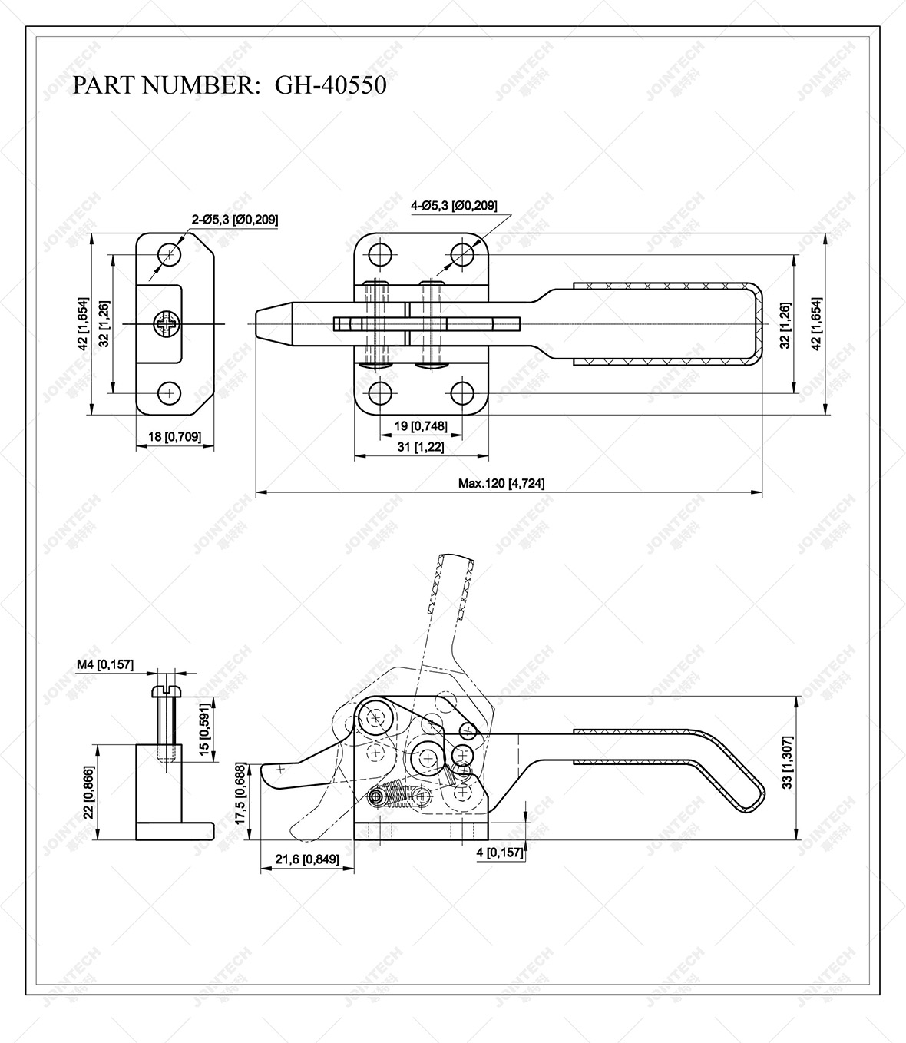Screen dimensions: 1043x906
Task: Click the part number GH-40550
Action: [330, 84]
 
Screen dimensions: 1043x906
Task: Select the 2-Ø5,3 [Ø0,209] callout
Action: [235, 220]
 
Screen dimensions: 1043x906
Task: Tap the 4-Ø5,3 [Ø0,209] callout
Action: [454, 205]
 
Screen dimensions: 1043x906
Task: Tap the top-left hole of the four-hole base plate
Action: [379, 254]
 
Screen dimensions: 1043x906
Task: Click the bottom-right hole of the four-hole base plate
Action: [461, 392]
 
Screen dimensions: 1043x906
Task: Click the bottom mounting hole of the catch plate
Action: [169, 392]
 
